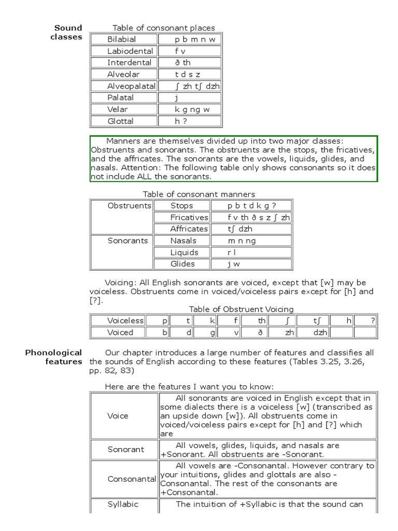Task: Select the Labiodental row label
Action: click(130, 51)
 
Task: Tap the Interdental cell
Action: click(129, 63)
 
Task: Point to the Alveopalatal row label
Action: click(131, 86)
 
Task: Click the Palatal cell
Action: click(120, 97)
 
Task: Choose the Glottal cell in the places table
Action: click(120, 121)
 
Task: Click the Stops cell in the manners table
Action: click(181, 206)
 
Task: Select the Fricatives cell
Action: click(189, 218)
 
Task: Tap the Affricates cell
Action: click(189, 229)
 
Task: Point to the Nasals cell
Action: click(183, 241)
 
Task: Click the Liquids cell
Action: click(184, 253)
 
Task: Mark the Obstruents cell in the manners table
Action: click(129, 206)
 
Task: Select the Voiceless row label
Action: click(125, 321)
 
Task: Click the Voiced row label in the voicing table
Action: click(120, 332)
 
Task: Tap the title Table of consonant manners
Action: click(192, 194)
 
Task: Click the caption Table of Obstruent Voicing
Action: click(241, 309)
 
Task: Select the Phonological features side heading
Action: click(54, 357)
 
